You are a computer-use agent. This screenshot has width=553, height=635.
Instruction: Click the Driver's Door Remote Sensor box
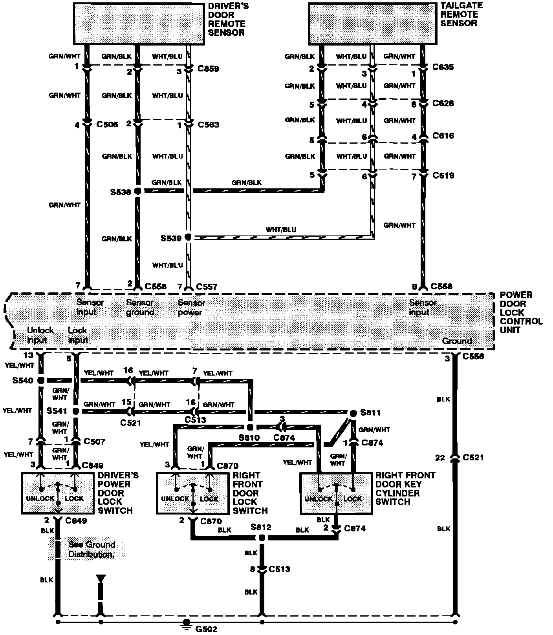pyautogui.click(x=139, y=24)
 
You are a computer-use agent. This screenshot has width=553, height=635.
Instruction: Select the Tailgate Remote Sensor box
pyautogui.click(x=372, y=24)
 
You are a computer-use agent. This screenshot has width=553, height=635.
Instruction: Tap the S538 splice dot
pyautogui.click(x=138, y=191)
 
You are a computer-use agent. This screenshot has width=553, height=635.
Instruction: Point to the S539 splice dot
pyautogui.click(x=188, y=237)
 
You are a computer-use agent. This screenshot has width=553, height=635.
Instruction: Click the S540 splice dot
pyautogui.click(x=41, y=380)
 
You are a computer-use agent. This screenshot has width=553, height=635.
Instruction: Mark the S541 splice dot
pyautogui.click(x=76, y=411)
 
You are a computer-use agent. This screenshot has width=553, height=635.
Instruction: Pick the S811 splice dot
pyautogui.click(x=353, y=413)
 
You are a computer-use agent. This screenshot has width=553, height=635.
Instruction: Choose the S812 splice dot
pyautogui.click(x=262, y=537)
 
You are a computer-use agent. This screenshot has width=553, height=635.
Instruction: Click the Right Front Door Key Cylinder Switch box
pyautogui.click(x=336, y=493)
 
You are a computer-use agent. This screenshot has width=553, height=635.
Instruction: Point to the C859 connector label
pyautogui.click(x=208, y=69)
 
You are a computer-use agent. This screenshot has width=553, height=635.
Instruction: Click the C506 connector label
pyautogui.click(x=107, y=125)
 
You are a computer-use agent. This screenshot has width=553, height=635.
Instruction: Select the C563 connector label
pyautogui.click(x=208, y=125)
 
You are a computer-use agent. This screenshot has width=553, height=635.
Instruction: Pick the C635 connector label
pyautogui.click(x=443, y=67)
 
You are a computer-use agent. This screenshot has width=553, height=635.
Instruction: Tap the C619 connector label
pyautogui.click(x=443, y=175)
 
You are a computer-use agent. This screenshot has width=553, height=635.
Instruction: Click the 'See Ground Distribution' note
pyautogui.click(x=92, y=549)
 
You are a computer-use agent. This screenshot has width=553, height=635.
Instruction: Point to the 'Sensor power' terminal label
pyautogui.click(x=191, y=308)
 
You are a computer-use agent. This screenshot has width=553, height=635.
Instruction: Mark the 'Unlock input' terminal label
pyautogui.click(x=40, y=335)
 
